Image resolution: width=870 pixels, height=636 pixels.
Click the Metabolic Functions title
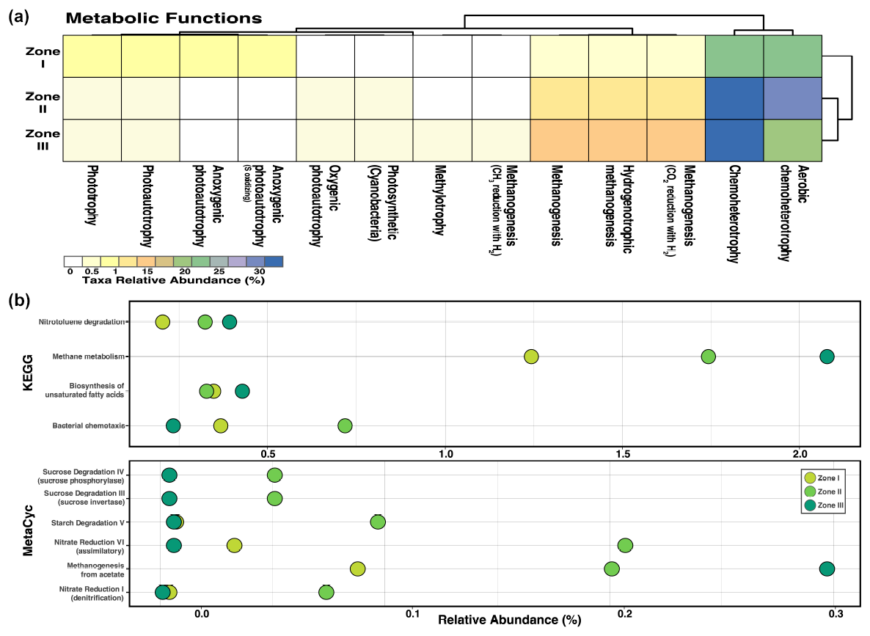[164, 17]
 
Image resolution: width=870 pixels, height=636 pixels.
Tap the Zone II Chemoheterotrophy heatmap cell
[734, 98]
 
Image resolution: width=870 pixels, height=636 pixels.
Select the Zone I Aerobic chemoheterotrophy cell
[792, 56]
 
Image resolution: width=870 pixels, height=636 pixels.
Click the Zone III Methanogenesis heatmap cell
[559, 139]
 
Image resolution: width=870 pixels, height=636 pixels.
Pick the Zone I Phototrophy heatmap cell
[92, 56]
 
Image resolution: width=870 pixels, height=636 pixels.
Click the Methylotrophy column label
[440, 202]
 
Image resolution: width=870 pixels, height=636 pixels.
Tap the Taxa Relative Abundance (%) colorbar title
[173, 280]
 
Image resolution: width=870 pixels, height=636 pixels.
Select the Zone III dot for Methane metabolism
[827, 357]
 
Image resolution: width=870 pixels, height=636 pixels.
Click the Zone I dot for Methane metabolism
[531, 357]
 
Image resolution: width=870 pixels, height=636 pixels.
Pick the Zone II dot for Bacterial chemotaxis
[345, 425]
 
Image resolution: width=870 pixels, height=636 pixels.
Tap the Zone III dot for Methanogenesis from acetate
[827, 569]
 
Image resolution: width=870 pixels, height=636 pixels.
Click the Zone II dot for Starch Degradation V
[378, 522]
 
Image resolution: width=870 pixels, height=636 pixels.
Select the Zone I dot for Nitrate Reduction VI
[234, 545]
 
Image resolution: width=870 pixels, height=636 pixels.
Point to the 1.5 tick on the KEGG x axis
[623, 453]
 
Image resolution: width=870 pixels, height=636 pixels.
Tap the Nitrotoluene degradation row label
[82, 322]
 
